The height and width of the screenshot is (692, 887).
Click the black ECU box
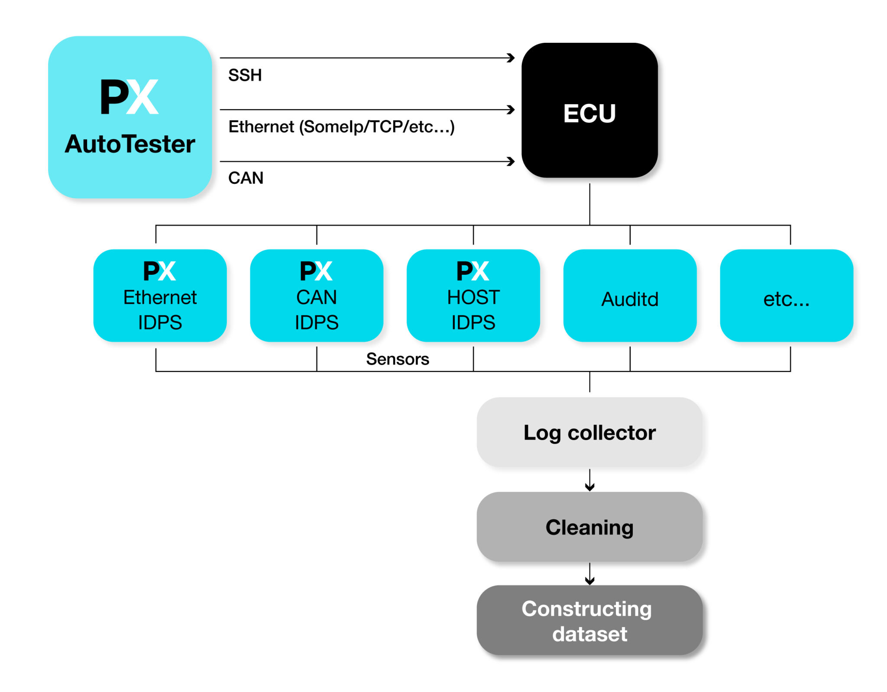[589, 110]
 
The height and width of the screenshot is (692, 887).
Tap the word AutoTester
[129, 144]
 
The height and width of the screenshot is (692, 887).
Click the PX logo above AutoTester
[129, 97]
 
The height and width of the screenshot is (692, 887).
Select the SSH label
[245, 75]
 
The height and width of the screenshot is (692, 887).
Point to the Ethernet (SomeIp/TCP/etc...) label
[341, 127]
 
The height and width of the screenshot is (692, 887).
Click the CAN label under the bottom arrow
[246, 178]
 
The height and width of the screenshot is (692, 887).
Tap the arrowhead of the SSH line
[511, 58]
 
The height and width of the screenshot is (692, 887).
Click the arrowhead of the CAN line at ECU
[511, 161]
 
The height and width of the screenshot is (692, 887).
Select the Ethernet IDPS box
[160, 296]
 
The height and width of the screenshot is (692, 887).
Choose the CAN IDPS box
[316, 296]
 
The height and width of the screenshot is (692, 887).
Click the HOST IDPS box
[473, 296]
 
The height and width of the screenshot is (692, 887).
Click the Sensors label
[397, 359]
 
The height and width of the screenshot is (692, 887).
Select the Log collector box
[589, 432]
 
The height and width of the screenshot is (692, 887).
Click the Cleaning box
[589, 527]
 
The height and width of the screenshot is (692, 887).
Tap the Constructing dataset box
[589, 621]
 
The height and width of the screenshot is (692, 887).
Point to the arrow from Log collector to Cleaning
[589, 481]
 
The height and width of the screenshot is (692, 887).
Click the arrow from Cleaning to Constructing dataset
[589, 575]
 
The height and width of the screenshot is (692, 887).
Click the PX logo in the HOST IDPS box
[473, 271]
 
